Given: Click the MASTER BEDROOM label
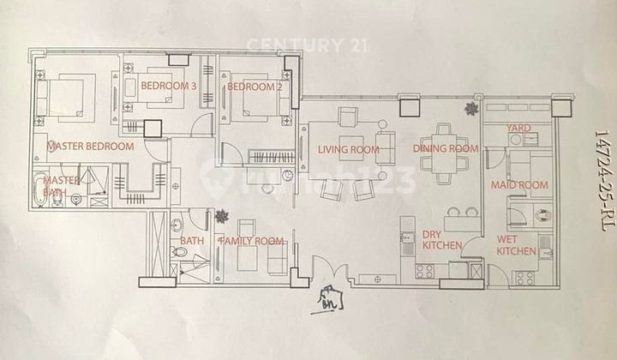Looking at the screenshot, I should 91,147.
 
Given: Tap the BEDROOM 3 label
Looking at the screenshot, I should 169,87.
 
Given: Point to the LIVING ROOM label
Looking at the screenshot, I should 348,150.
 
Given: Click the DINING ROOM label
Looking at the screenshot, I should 446,148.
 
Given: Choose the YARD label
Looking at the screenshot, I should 519,129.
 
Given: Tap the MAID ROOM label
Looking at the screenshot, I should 519,185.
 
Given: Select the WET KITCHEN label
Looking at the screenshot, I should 518,244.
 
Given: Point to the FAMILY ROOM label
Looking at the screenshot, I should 252,242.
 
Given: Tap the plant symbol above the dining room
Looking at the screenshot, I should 470,108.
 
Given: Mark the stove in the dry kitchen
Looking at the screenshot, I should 423,272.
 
